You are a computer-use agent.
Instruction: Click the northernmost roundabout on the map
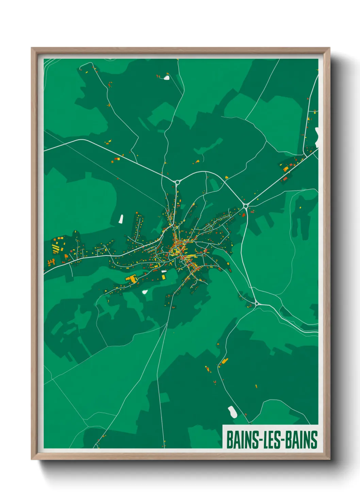point(177,182)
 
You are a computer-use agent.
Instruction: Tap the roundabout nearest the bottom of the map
point(257,303)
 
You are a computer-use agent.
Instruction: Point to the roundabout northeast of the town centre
point(246,206)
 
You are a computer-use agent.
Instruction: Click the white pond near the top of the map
point(166,78)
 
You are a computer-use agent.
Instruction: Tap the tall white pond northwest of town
point(121,219)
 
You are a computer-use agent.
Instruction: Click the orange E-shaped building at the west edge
point(51,262)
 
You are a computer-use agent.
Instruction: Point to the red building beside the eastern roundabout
point(243,215)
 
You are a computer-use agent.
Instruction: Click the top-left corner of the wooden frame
point(32,48)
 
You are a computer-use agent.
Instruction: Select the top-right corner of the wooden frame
point(329,48)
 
